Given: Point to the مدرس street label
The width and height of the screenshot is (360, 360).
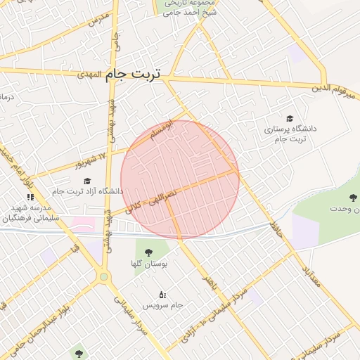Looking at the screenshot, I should point(97,19).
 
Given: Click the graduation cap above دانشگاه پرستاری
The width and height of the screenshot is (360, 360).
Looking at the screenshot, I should point(290,118).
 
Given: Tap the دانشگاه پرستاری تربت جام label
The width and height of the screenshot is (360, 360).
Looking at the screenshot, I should point(290,134).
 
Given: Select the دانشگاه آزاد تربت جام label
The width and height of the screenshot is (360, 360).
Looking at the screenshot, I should point(88,191).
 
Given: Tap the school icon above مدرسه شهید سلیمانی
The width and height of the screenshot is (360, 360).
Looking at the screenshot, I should point(30,196).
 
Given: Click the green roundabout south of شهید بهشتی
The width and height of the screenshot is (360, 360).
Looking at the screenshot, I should point(104,277).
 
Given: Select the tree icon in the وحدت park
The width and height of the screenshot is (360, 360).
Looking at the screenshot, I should point(353,198).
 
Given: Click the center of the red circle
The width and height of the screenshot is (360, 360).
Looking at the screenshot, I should point(180,180).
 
